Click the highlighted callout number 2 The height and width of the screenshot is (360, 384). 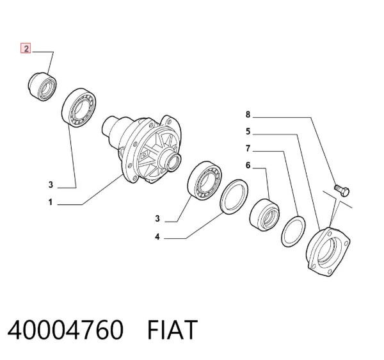(26, 48)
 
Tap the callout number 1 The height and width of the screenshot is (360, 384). (51, 202)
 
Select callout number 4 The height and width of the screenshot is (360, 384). (157, 237)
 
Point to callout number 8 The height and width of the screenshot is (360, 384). (248, 115)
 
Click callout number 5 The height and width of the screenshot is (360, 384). (248, 131)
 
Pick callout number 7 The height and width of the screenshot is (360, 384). (248, 149)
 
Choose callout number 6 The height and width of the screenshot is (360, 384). (248, 165)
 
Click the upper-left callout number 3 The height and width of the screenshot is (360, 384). (51, 184)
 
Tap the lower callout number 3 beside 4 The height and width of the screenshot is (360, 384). (157, 218)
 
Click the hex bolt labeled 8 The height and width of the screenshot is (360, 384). (342, 190)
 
